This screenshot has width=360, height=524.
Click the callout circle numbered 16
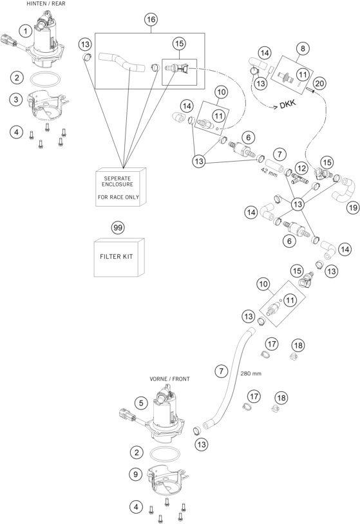coord(151,19)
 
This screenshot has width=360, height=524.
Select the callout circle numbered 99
coord(118,228)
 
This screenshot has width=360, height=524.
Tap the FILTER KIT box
coord(119,257)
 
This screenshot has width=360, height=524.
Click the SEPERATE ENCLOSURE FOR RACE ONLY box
coord(120,187)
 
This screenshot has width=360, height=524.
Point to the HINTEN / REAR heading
coord(46,4)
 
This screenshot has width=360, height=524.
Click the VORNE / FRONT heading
coord(169,379)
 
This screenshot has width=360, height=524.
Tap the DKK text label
coord(288,104)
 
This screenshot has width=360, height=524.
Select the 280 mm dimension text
coord(251,373)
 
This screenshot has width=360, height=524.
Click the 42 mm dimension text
coord(269,172)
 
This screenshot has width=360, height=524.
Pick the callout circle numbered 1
coord(26,32)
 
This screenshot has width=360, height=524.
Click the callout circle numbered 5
coord(141,403)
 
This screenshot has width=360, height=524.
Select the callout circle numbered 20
coord(319,83)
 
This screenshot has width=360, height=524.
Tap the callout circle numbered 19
coord(353,207)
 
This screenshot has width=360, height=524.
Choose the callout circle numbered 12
coord(301,169)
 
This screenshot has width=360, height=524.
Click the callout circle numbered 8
coord(303,48)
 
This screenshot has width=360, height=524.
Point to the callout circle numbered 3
coord(15,99)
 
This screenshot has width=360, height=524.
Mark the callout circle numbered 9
coord(135,474)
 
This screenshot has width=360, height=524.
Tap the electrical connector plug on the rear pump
coord(8,40)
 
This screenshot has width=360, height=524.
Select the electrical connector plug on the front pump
coord(127,415)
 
